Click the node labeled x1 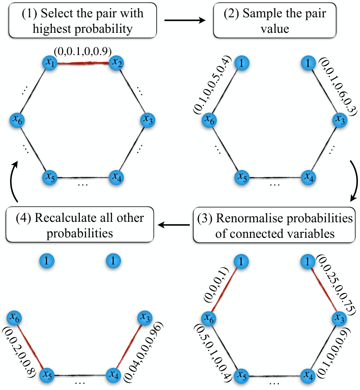coord(50,63)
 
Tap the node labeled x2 coord(116,63)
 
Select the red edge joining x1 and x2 coord(83,63)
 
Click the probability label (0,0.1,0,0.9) coord(82,51)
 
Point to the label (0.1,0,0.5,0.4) coord(212,85)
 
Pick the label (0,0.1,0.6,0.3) coord(338,87)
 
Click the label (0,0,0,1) coord(216,284)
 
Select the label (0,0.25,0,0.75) coord(336,285)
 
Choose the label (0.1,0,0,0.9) coord(334,353)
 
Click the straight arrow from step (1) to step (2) coord(185,20)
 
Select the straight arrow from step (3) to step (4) coord(174,225)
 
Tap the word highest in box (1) coord(52,29)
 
